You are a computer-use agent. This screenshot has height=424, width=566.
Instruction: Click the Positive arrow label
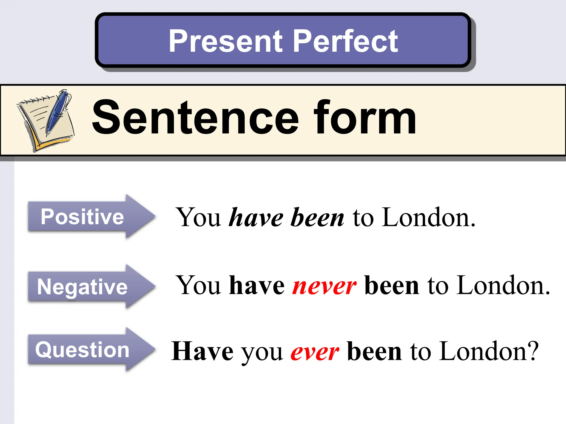82,217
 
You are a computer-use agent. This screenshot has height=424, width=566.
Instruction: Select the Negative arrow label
82,287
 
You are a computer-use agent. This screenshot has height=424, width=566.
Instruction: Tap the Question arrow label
82,350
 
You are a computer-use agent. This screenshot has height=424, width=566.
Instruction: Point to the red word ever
315,352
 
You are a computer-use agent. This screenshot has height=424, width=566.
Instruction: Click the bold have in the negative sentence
257,285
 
